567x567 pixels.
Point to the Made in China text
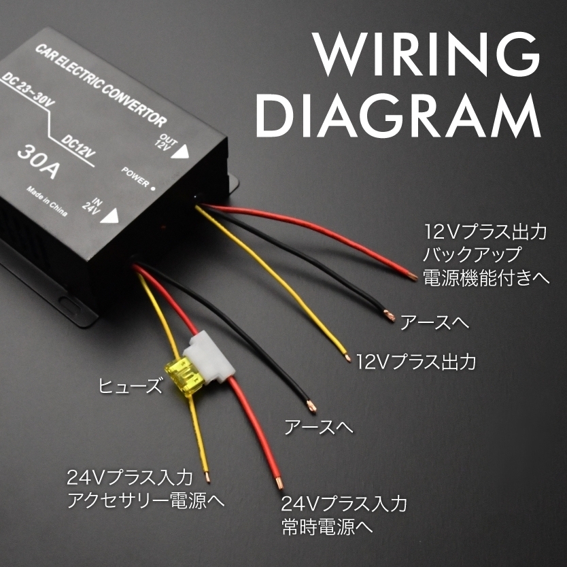(x=48, y=201)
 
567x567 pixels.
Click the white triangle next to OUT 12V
(x=179, y=152)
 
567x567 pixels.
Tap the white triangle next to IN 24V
(x=110, y=216)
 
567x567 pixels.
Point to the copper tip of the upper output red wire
(x=412, y=276)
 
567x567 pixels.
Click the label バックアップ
(x=472, y=255)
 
